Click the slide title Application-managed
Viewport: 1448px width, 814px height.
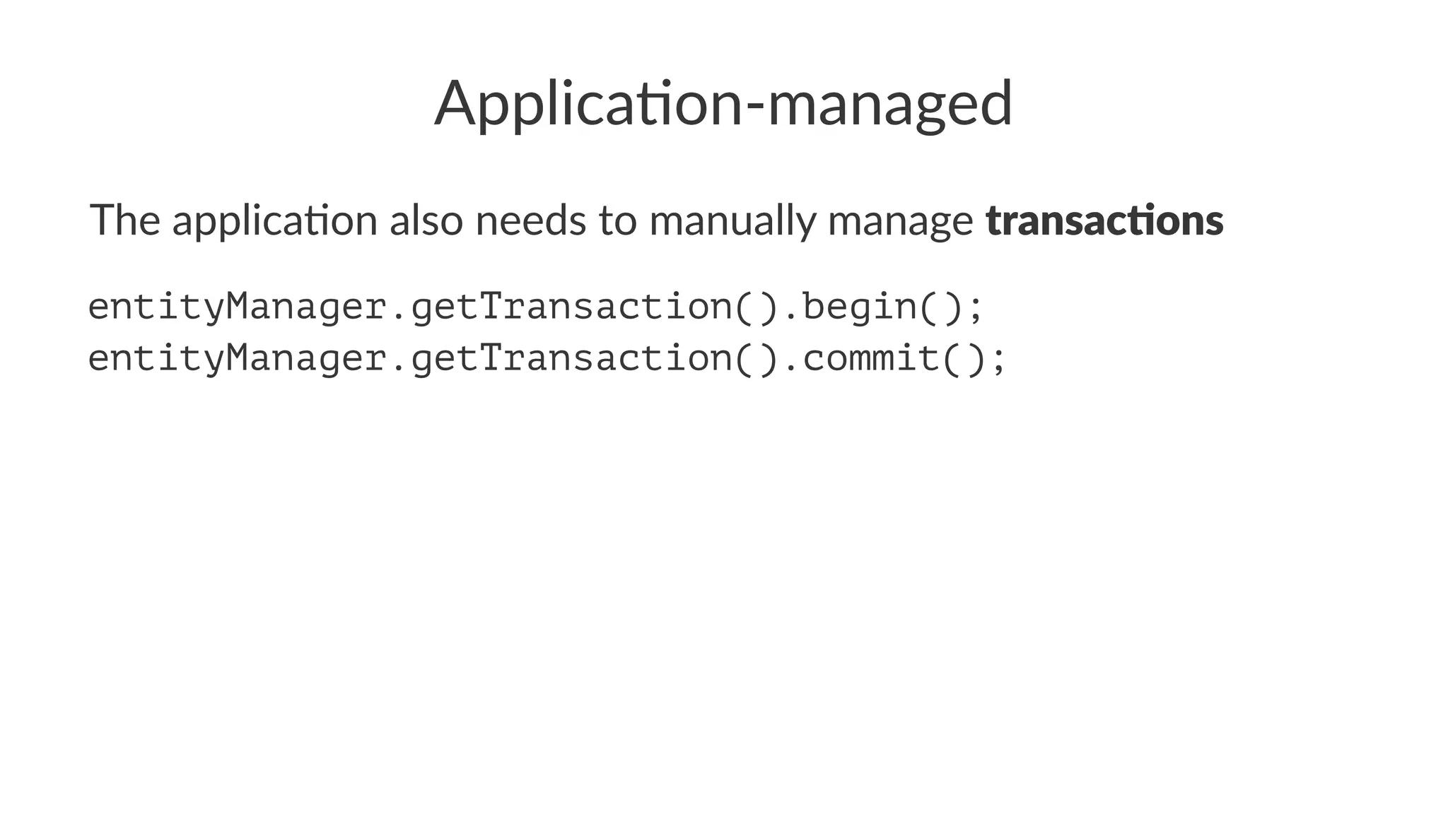click(723, 104)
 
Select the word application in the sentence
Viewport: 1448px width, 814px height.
click(275, 221)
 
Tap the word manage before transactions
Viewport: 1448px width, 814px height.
click(900, 221)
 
